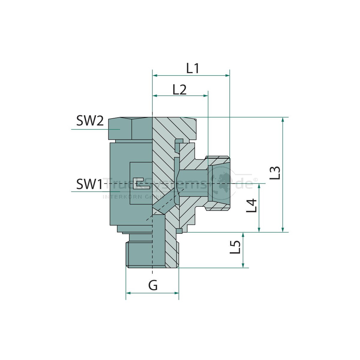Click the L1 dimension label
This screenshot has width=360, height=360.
click(193, 68)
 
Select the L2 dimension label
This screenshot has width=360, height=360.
click(179, 89)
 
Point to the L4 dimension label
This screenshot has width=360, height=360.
click(252, 205)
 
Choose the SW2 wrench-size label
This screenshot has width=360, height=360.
click(90, 121)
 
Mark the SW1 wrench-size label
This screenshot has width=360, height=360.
click(89, 184)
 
